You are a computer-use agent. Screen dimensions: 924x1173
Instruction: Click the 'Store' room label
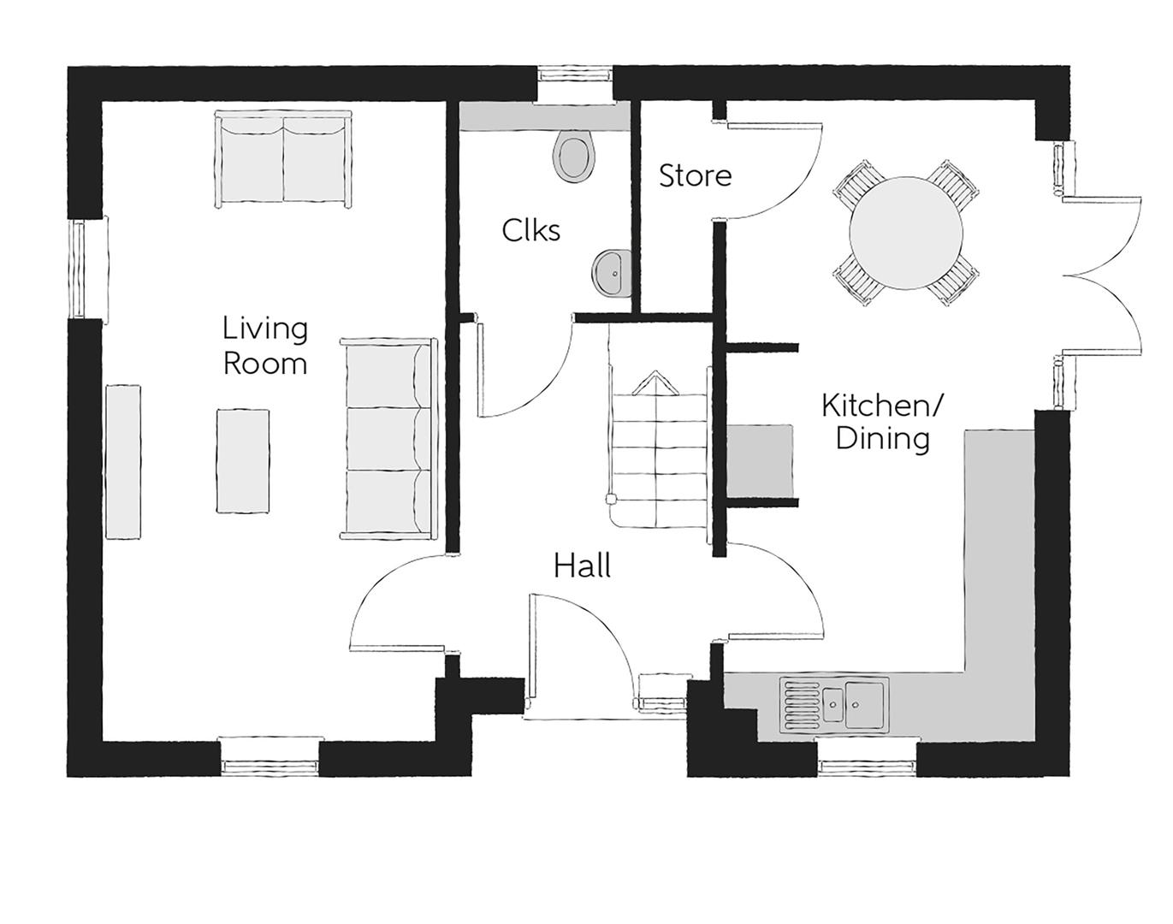[x=695, y=176]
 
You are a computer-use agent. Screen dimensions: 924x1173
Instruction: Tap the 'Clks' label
[x=530, y=230]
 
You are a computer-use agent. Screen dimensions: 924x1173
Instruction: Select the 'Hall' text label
[x=582, y=566]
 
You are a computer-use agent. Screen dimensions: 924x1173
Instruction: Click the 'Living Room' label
[x=264, y=346]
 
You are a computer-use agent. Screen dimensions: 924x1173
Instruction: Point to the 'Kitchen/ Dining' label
[x=882, y=421]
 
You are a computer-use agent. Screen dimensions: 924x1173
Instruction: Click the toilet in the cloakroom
[x=573, y=156]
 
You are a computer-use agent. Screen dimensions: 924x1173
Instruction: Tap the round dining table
[x=906, y=232]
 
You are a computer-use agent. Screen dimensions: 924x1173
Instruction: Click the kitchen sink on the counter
[x=834, y=704]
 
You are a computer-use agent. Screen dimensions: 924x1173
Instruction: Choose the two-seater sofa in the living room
[x=283, y=159]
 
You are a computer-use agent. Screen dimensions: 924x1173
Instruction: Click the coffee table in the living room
[x=243, y=461]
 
